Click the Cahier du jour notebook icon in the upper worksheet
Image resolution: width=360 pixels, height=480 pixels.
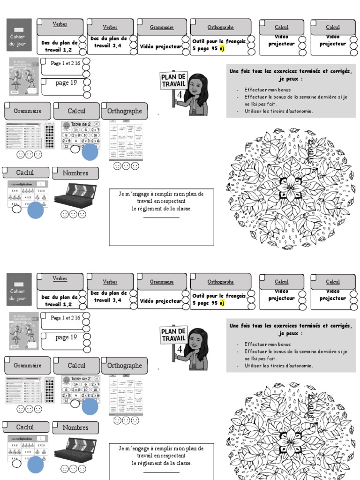[x=19, y=36]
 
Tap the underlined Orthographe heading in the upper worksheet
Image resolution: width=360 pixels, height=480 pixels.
[x=220, y=28]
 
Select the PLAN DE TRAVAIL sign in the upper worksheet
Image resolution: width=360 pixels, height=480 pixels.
[x=174, y=81]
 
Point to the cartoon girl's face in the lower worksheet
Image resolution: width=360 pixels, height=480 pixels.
[x=197, y=339]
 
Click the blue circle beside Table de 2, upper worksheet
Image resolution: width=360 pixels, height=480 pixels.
[x=90, y=152]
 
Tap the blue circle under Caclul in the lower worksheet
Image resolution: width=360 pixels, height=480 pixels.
[x=36, y=465]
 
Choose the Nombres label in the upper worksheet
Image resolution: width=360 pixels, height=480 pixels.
[x=75, y=173]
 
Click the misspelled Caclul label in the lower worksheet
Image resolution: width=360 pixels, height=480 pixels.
[x=25, y=427]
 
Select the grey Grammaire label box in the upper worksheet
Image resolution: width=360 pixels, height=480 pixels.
[x=28, y=111]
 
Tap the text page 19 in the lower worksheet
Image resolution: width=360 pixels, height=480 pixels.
[x=66, y=337]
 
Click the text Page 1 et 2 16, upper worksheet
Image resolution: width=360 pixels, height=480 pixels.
[x=65, y=63]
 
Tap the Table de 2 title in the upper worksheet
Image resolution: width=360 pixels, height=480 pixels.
[x=81, y=124]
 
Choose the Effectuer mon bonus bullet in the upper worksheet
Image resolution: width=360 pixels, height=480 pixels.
[x=267, y=90]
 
